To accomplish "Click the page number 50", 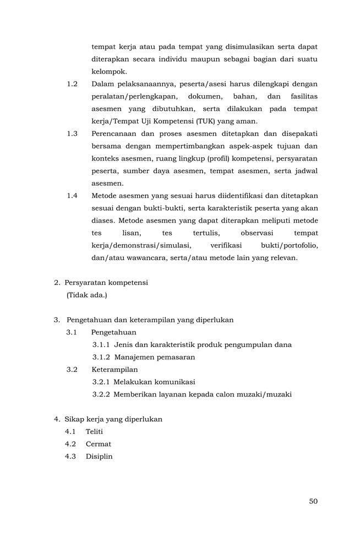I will tap(313, 501).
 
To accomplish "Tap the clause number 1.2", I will tap(72, 84).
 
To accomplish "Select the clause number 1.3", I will tap(72, 134).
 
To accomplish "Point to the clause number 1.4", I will tap(72, 196).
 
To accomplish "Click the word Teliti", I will tap(94, 432).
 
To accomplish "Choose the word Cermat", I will tap(98, 444).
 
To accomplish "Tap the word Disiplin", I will tap(99, 457).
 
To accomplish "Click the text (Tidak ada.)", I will tap(86, 295).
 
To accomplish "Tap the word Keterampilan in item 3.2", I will tap(114, 370).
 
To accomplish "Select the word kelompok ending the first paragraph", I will tap(109, 71).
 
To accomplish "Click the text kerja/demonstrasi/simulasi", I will tap(141, 245).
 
